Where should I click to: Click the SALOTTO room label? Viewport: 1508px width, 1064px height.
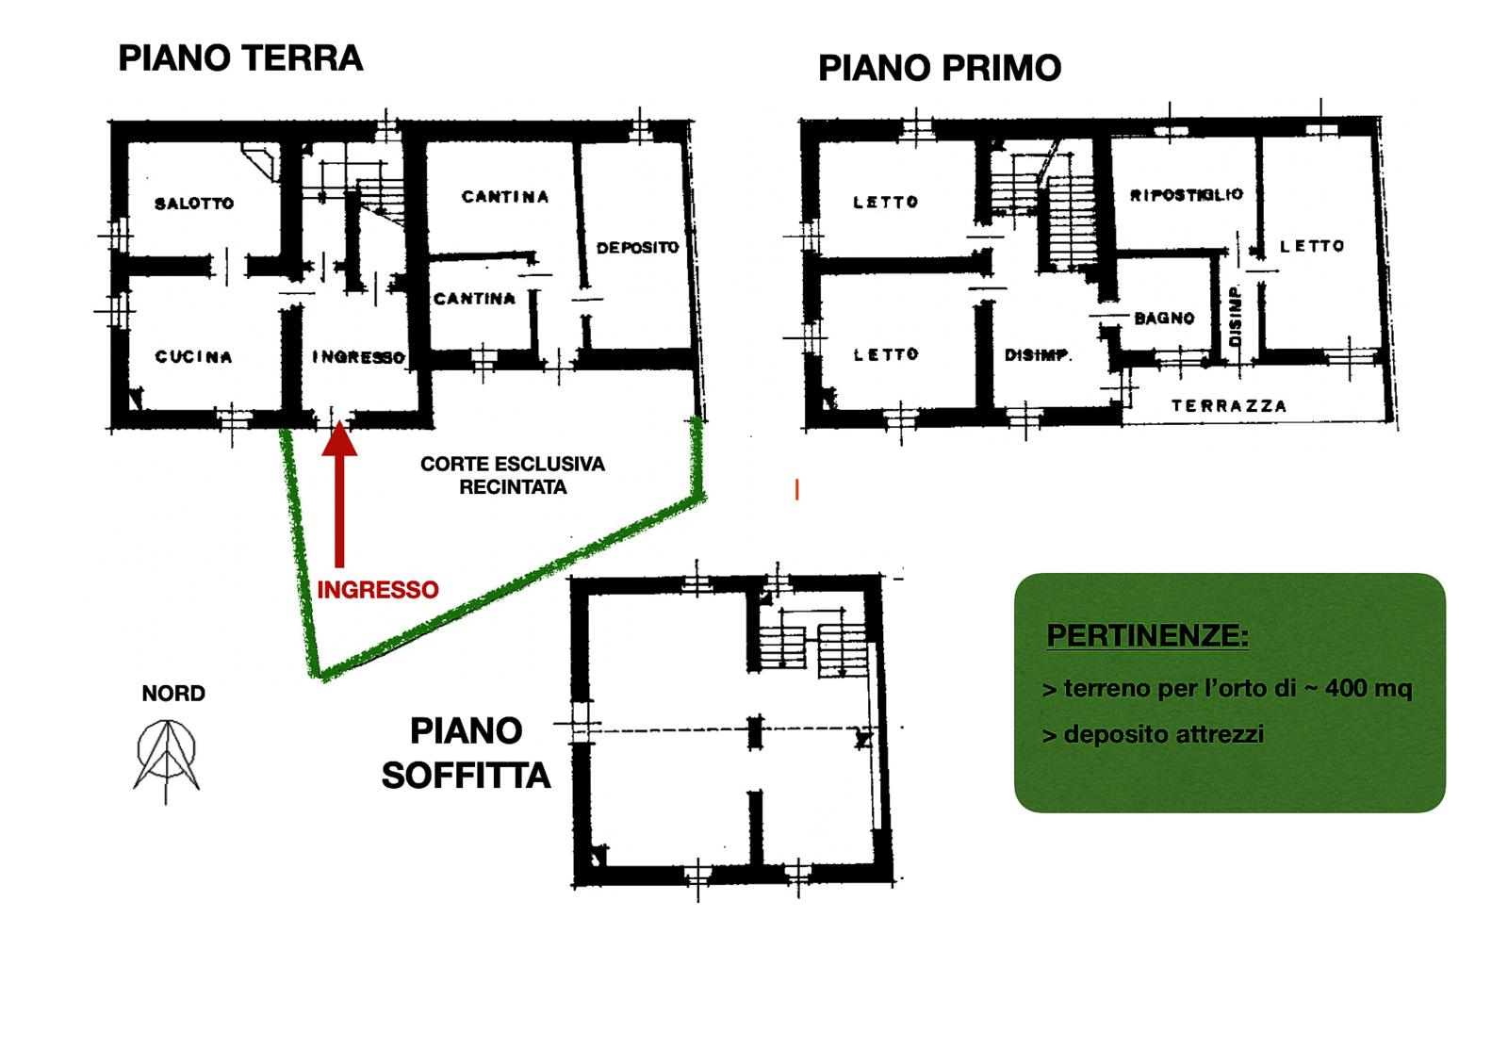[x=194, y=204]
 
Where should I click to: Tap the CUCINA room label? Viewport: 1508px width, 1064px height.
[x=194, y=356]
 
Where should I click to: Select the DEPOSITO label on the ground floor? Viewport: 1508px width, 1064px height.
[x=637, y=248]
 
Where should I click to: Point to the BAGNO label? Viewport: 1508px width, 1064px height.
[x=1164, y=319]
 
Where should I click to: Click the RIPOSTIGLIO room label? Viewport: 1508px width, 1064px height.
[x=1187, y=195]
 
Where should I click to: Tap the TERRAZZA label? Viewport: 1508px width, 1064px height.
[x=1229, y=406]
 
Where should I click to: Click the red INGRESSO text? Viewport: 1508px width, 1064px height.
[x=378, y=590]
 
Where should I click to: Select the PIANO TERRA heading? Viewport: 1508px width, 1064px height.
[x=240, y=58]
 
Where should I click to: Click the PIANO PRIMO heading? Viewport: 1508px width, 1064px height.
[x=940, y=69]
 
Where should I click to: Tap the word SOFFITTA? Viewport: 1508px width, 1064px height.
[x=466, y=776]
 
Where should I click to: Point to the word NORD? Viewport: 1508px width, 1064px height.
[x=173, y=694]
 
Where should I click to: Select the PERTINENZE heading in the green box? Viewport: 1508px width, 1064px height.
[x=1147, y=635]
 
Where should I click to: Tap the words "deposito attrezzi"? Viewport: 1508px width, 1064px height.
[x=1163, y=734]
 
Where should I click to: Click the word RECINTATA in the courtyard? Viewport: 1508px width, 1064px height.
[x=513, y=487]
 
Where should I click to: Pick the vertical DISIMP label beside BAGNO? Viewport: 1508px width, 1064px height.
[x=1235, y=317]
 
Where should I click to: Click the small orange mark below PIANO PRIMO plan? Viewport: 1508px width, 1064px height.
[x=797, y=489]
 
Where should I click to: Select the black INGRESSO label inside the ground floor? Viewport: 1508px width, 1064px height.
[x=359, y=357]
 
